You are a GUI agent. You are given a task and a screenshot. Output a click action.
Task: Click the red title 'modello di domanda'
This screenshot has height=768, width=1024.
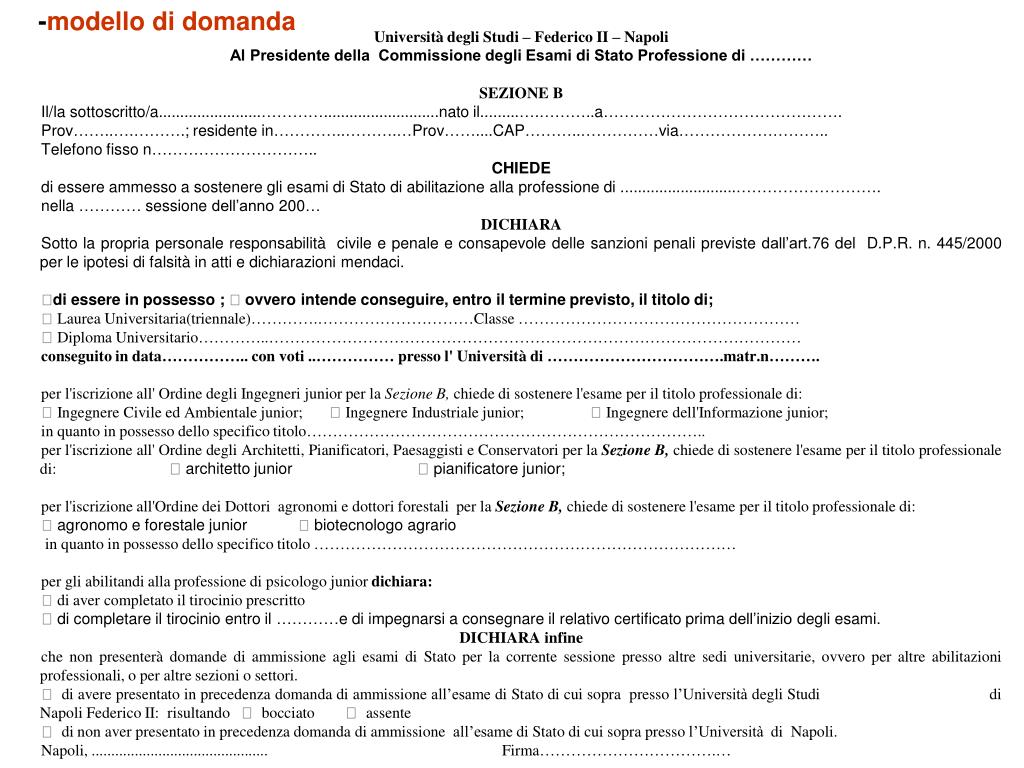(171, 22)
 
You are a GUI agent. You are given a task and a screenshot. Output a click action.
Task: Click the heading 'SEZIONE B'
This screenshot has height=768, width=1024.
(520, 93)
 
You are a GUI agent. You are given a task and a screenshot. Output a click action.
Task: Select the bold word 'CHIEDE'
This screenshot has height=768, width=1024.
(521, 168)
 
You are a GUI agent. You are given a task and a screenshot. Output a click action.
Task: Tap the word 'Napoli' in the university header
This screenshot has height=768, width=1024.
(647, 37)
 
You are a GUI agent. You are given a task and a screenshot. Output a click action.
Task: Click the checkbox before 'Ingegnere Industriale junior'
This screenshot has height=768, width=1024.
(336, 413)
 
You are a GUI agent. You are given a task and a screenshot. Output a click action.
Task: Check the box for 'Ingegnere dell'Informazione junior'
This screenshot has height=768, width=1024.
(596, 413)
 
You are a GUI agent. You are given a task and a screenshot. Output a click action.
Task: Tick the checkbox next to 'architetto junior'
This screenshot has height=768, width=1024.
(176, 469)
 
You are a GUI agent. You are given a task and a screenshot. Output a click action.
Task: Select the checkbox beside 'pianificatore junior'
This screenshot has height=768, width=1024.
(423, 469)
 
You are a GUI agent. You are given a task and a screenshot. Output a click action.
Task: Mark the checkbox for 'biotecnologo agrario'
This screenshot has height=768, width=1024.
(304, 525)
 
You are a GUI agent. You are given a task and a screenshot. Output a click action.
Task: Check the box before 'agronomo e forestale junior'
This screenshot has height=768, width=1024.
(47, 525)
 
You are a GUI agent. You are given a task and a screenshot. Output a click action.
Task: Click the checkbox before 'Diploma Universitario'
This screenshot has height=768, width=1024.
(47, 338)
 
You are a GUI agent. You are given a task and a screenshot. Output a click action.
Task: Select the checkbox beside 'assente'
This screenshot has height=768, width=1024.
(352, 713)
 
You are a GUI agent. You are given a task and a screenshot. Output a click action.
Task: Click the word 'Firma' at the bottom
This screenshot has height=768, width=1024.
(520, 751)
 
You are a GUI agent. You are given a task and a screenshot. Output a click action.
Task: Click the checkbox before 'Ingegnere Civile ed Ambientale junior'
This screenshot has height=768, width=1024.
(47, 413)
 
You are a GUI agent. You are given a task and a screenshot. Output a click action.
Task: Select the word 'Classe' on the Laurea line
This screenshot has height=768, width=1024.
(493, 319)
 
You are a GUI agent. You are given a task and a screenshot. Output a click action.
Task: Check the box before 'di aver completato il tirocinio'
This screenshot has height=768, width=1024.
(47, 601)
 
